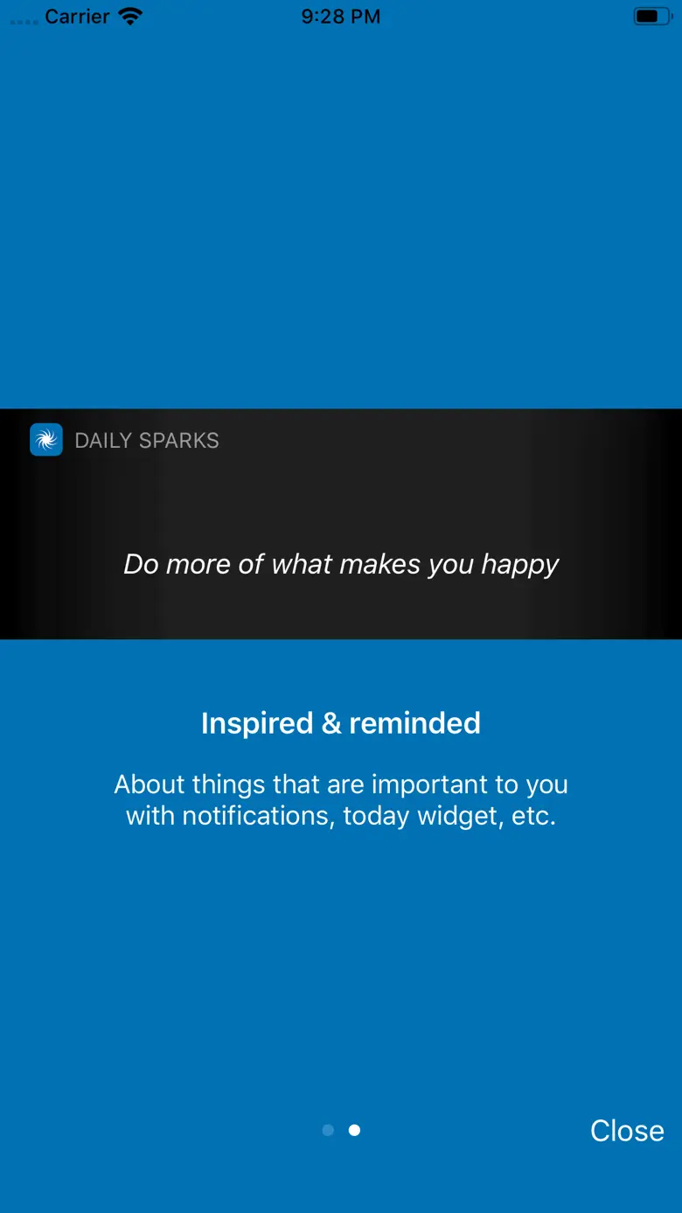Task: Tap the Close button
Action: click(x=627, y=1131)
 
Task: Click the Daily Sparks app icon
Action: click(x=46, y=440)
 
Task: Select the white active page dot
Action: click(x=354, y=1130)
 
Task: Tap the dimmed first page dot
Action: click(x=328, y=1130)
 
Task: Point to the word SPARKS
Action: click(x=179, y=441)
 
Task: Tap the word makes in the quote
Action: click(x=380, y=564)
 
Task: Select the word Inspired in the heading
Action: click(x=257, y=724)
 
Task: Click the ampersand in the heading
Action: click(x=331, y=723)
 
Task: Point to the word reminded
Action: click(x=414, y=723)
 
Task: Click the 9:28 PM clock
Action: click(x=341, y=17)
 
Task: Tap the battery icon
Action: click(x=653, y=17)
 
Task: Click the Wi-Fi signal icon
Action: click(x=130, y=17)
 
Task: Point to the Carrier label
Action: click(x=77, y=17)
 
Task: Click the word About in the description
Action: click(x=150, y=785)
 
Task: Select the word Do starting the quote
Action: click(x=141, y=564)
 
